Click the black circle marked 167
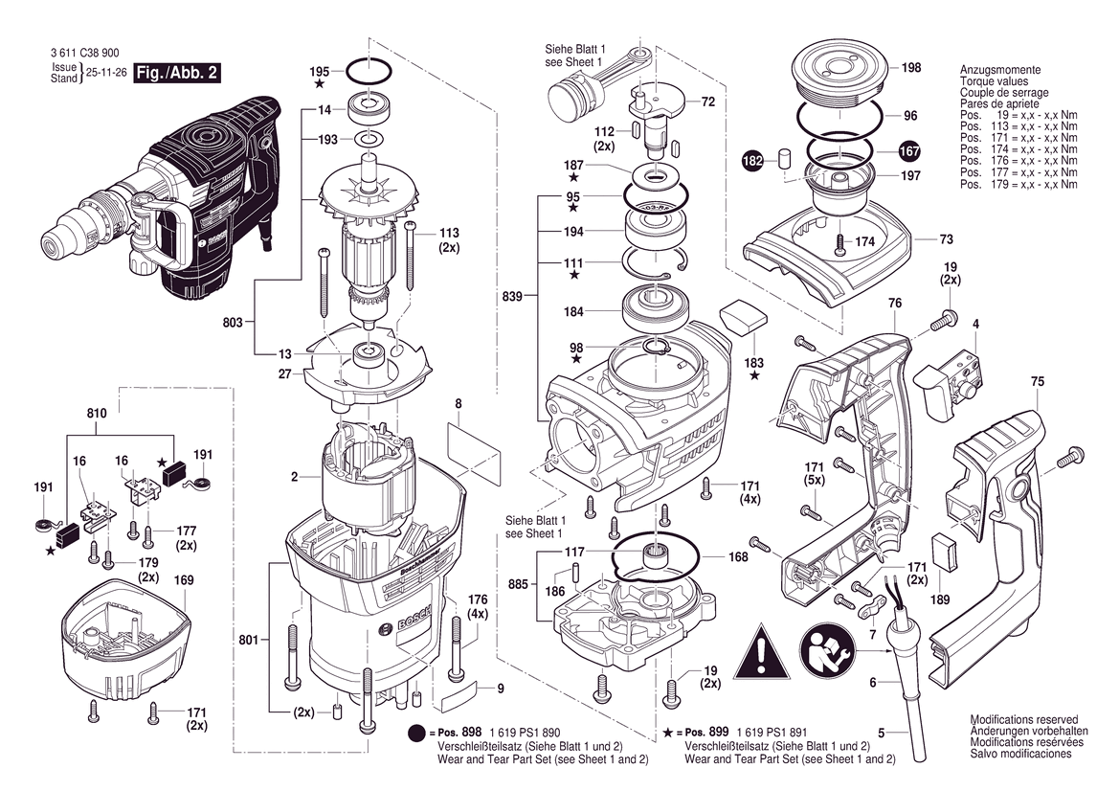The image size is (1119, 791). (x=908, y=150)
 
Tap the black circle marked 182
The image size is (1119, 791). (x=754, y=162)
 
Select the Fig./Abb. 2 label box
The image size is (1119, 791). (x=171, y=74)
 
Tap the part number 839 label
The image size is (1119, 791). (x=512, y=298)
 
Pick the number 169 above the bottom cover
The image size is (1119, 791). (x=184, y=579)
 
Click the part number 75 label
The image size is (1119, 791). (x=1037, y=382)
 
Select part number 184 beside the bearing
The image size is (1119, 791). (x=573, y=311)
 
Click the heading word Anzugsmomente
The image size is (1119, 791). (x=999, y=71)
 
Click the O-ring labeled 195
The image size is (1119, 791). (x=367, y=71)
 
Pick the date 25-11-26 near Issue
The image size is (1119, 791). (x=107, y=73)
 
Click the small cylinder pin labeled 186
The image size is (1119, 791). (x=576, y=572)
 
